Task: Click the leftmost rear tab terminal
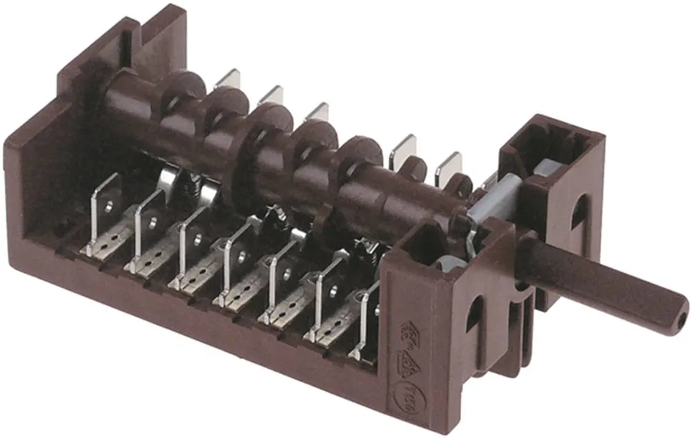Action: (x=228, y=79)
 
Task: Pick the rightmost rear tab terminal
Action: (x=449, y=165)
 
